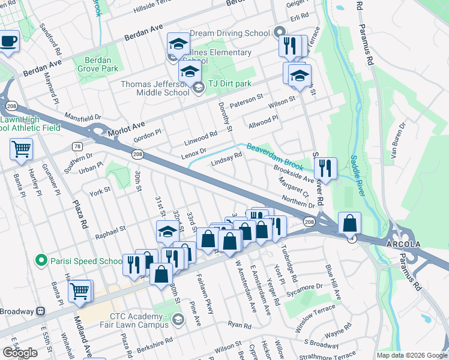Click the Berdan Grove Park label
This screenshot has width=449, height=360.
[93, 65]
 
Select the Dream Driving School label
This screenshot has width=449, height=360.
[231, 34]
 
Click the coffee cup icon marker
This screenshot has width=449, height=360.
[8, 41]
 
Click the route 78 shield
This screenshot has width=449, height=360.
[77, 146]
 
